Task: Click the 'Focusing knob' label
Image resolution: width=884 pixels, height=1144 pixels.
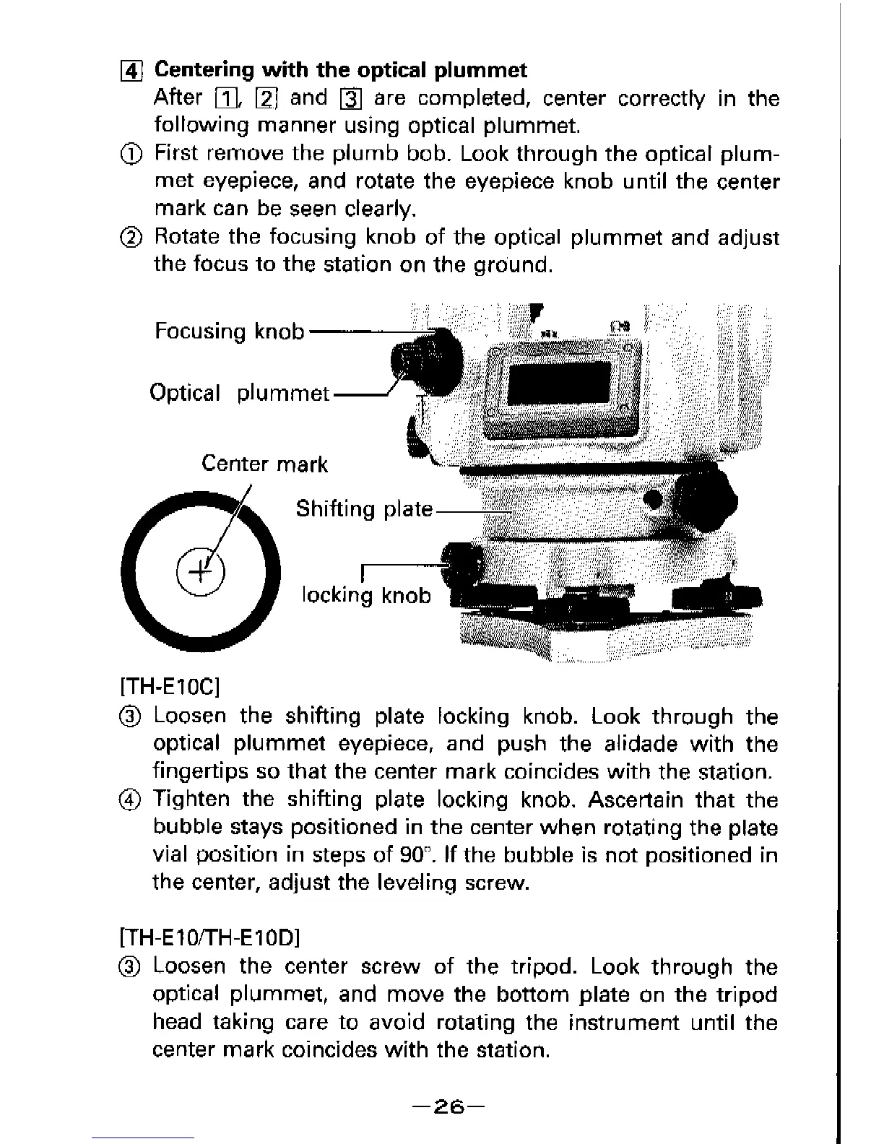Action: click(x=229, y=331)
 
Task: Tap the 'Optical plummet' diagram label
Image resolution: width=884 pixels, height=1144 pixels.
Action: click(x=239, y=394)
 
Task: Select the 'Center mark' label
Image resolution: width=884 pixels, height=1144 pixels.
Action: click(x=264, y=464)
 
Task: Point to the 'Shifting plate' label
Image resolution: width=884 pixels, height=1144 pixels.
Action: click(x=364, y=509)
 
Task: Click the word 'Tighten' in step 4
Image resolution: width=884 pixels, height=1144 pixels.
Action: click(x=191, y=800)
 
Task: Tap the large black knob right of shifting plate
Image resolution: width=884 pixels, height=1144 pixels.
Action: click(x=705, y=498)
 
